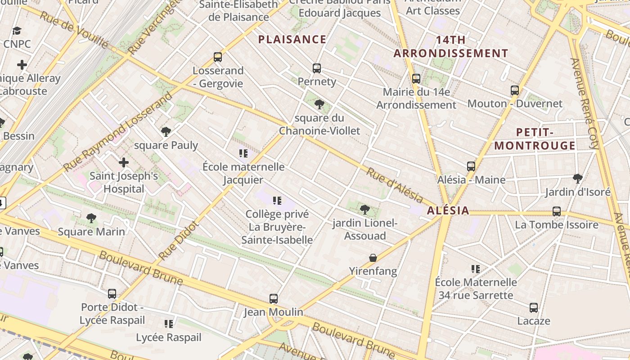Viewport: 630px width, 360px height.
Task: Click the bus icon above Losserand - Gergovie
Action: (218, 57)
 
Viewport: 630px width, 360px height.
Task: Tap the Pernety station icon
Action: (317, 68)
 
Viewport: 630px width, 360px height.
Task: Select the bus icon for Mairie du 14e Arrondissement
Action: (416, 79)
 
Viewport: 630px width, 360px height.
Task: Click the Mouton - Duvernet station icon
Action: (515, 90)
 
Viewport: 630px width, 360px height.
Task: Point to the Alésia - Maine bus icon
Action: (471, 166)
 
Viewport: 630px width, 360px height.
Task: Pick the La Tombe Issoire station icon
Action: (557, 211)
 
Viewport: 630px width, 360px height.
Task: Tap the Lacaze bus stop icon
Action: (534, 308)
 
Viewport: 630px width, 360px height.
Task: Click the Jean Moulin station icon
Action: (274, 298)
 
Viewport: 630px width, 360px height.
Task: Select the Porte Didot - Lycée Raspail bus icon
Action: (112, 294)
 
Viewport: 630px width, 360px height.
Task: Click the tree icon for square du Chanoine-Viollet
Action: (319, 105)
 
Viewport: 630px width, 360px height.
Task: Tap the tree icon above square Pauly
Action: (166, 132)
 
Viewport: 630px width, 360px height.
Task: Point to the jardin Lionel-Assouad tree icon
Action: (365, 209)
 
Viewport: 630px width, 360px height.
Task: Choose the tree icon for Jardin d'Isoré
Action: (578, 179)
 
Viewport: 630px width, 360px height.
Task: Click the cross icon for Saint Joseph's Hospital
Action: (124, 162)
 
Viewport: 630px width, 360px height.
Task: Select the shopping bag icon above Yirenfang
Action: (373, 258)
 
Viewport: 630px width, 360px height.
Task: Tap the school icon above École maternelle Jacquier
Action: (243, 153)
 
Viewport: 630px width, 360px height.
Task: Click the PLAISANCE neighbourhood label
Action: (292, 40)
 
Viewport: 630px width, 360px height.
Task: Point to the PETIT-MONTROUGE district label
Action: (535, 139)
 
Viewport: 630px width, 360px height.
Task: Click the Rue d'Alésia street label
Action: (395, 185)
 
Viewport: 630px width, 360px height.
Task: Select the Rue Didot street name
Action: (178, 241)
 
